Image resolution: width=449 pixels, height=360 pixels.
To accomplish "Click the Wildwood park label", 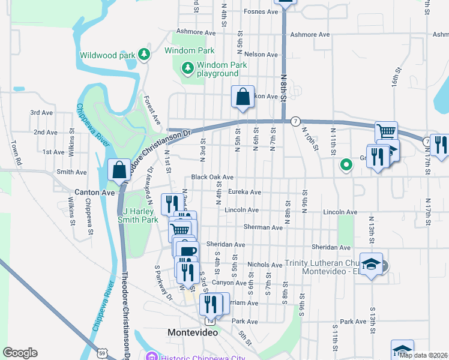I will point(109,55).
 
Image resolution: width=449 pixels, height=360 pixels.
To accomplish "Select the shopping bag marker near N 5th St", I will point(243,98).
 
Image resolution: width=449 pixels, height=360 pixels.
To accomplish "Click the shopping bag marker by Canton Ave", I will point(119,171).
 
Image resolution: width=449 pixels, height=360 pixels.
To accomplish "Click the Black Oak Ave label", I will point(212,178).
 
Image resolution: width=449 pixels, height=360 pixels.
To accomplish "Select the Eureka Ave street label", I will point(245,192).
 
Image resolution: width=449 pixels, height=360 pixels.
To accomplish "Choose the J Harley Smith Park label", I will point(140,215).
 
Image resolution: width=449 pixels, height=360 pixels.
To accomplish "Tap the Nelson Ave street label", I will point(261,55).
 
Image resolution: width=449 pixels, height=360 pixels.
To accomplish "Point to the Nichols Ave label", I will point(265,265).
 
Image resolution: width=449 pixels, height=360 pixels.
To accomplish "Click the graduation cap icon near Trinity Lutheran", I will point(372,266).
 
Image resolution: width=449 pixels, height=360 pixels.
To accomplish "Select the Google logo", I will point(20,353).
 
